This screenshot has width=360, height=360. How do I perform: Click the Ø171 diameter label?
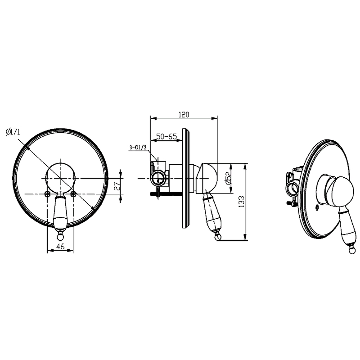[13, 132]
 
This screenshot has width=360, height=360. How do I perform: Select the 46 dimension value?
[60, 247]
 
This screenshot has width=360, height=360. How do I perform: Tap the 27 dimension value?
[117, 185]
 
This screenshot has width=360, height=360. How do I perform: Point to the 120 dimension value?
[184, 114]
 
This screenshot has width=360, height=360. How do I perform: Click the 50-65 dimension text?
[166, 136]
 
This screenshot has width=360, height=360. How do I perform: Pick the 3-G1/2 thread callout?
[138, 148]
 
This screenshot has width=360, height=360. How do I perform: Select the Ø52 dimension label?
[229, 178]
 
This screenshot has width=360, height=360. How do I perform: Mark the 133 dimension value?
[242, 202]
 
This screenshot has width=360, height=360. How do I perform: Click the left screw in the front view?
[48, 194]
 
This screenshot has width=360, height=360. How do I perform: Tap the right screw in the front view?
[73, 194]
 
